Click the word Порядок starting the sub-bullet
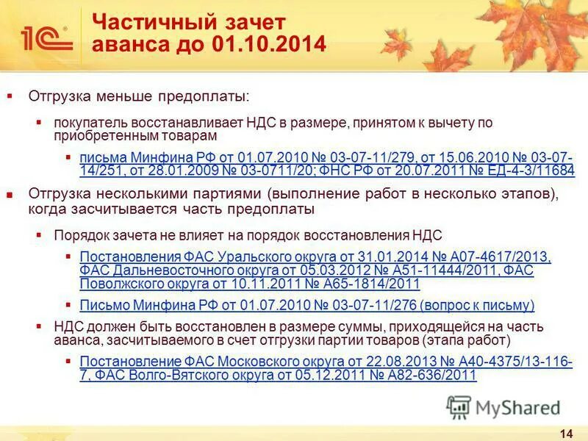click(x=79, y=236)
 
